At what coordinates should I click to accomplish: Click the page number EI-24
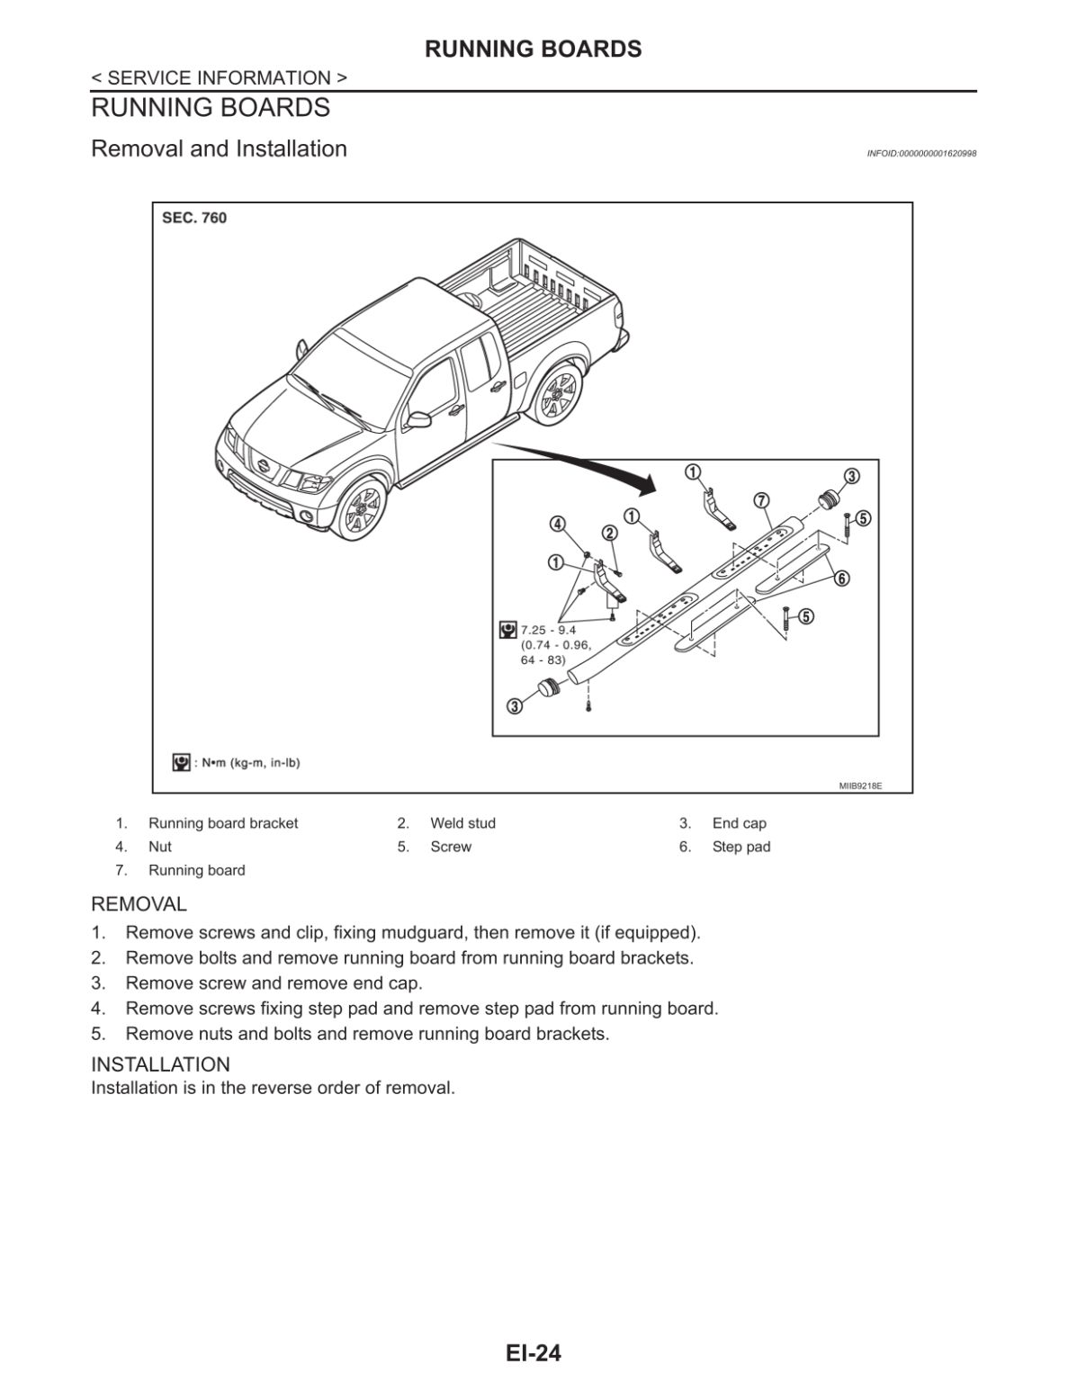click(533, 1352)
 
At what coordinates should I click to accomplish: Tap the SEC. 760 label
click(194, 218)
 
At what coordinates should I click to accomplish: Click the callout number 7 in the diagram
click(760, 499)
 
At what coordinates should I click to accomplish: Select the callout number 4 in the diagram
click(558, 524)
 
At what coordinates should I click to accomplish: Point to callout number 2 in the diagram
click(609, 533)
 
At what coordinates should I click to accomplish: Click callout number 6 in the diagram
click(841, 578)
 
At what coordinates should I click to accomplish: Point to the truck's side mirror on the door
click(417, 419)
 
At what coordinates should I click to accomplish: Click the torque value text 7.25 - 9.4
click(548, 630)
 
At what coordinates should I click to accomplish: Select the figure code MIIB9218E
click(860, 785)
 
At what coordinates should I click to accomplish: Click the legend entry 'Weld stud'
click(462, 823)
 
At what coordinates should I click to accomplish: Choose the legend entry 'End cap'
click(739, 823)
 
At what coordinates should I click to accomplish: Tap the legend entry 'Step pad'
click(740, 847)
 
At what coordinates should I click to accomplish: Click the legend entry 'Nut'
click(160, 847)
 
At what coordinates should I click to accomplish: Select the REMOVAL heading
click(139, 904)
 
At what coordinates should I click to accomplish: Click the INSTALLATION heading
click(160, 1064)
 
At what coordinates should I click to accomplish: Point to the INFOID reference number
click(921, 154)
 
